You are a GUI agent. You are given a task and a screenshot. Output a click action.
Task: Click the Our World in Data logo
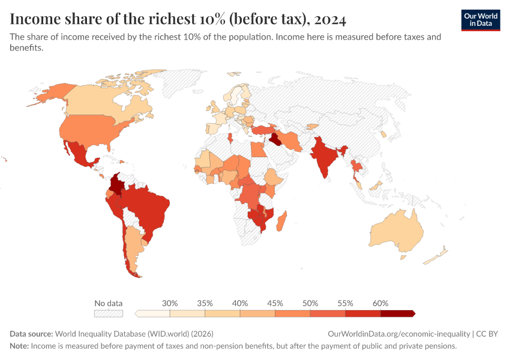(480, 20)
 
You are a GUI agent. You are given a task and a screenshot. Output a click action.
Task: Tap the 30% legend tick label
(170, 303)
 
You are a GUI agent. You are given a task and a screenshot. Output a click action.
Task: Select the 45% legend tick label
(275, 303)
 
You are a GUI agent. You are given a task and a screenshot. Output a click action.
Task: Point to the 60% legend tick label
(380, 303)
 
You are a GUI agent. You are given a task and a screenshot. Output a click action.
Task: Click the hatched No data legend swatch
(108, 313)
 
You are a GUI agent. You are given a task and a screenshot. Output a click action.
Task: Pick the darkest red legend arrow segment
(398, 313)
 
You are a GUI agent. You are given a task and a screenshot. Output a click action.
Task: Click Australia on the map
(396, 231)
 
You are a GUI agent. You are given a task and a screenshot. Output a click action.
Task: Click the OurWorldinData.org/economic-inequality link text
(399, 334)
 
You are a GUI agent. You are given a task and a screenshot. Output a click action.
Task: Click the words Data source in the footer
(31, 334)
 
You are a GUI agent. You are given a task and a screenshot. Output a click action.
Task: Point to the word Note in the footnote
(19, 346)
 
